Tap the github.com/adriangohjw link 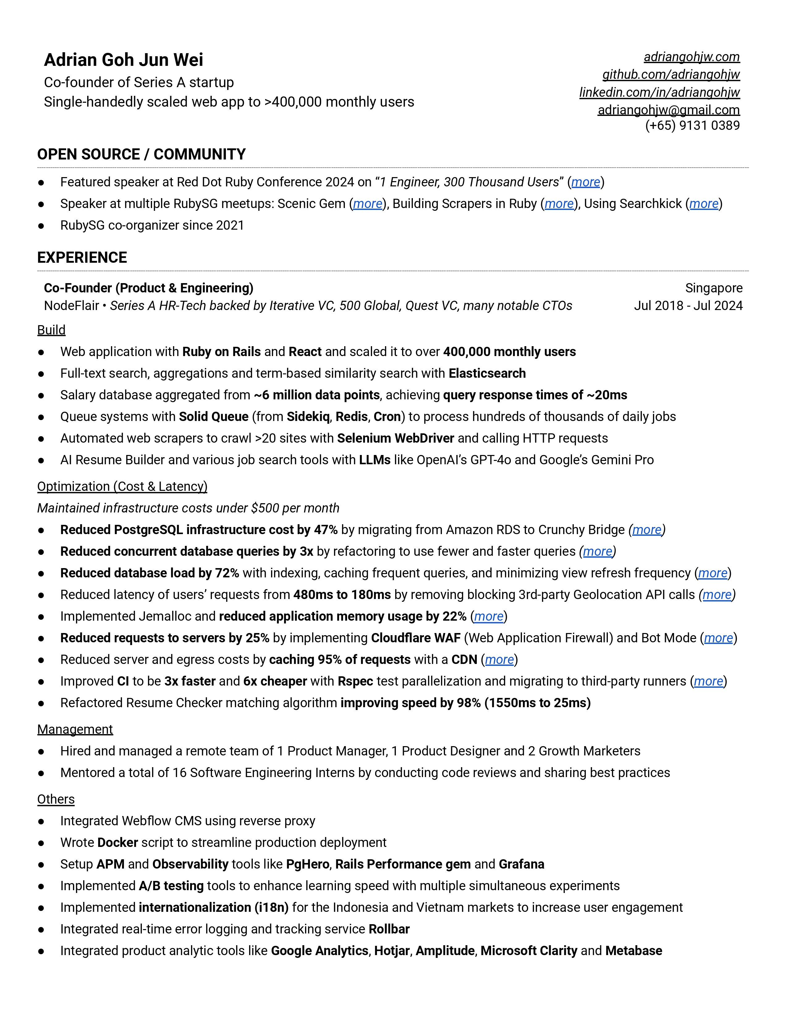(671, 75)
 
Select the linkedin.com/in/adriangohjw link (659, 92)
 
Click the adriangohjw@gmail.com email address (668, 110)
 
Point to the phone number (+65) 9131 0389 (692, 125)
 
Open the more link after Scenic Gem (367, 204)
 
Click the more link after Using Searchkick (704, 204)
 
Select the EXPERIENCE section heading (82, 258)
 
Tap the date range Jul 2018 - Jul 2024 (688, 306)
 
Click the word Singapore (714, 288)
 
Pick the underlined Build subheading (51, 330)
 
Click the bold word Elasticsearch (487, 374)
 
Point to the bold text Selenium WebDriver (396, 439)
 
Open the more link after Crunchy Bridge (646, 530)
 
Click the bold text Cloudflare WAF (415, 639)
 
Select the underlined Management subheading (75, 729)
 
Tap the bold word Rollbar (389, 929)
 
